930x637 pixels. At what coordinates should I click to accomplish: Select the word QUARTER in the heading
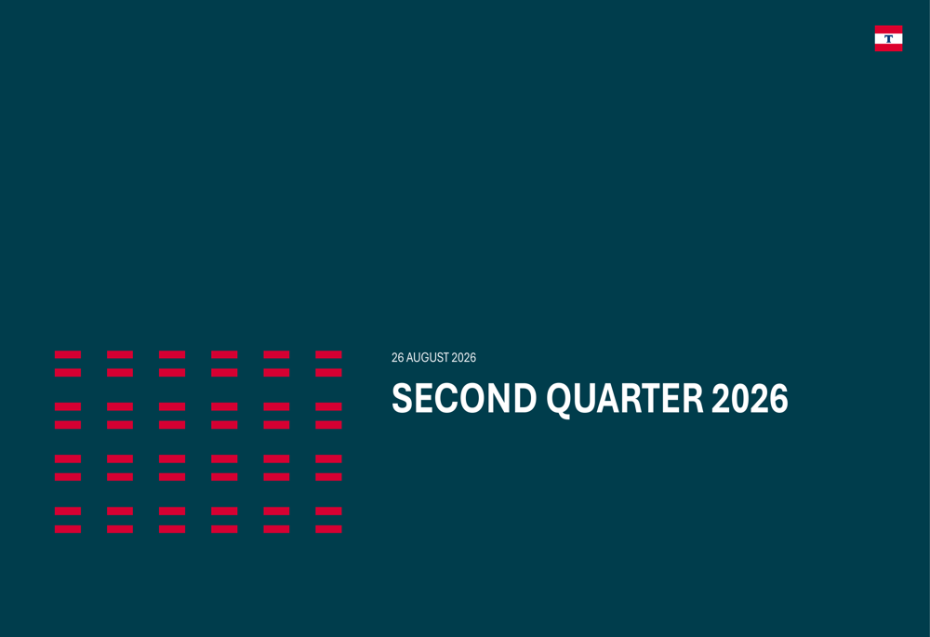[625, 399]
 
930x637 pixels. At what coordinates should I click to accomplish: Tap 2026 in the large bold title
[750, 398]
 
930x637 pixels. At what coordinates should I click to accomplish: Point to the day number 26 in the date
[397, 358]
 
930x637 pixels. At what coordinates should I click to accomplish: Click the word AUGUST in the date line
[428, 358]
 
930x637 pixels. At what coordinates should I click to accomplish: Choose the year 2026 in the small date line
[464, 358]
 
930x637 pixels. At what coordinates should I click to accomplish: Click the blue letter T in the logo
[888, 38]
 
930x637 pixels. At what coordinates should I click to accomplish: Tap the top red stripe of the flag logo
[888, 29]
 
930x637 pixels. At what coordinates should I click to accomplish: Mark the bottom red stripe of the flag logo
[888, 48]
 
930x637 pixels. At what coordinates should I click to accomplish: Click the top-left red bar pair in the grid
[68, 364]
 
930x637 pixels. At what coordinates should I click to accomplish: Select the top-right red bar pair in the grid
[328, 364]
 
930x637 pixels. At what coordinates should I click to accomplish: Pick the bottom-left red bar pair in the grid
[68, 520]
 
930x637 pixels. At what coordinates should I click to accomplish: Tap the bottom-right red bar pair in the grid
[328, 520]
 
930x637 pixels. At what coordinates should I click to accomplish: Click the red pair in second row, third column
[172, 416]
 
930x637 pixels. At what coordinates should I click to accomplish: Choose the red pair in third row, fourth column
[224, 468]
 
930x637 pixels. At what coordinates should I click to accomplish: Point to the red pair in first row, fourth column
[224, 364]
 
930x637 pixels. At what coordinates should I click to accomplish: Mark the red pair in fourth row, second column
[120, 520]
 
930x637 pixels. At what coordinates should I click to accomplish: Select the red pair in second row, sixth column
[328, 416]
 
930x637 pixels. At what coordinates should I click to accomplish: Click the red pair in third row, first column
[68, 468]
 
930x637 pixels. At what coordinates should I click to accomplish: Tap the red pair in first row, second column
[120, 364]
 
